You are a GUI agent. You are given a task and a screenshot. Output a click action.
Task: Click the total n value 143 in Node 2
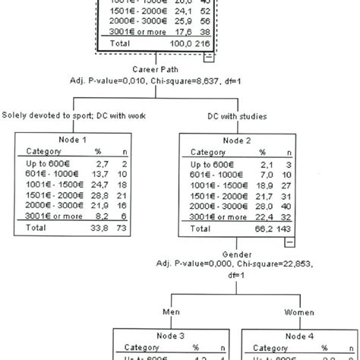pyautogui.click(x=284, y=227)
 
